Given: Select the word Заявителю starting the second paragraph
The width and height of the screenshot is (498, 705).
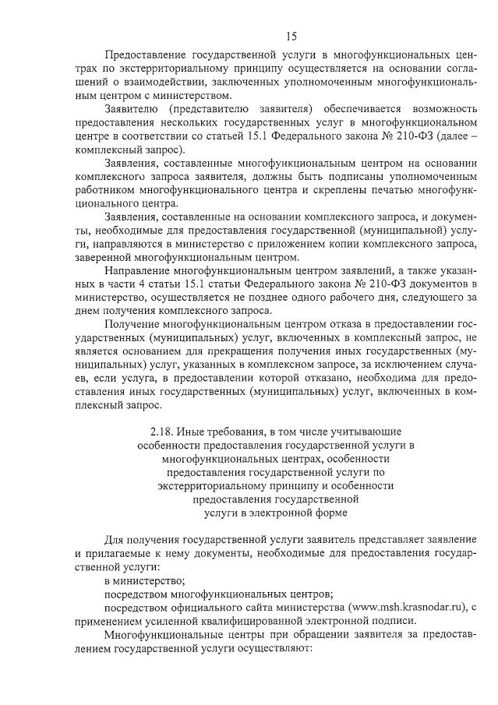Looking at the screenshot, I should click(x=130, y=108).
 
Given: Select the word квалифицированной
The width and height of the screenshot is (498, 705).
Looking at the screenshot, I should click(x=267, y=621).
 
